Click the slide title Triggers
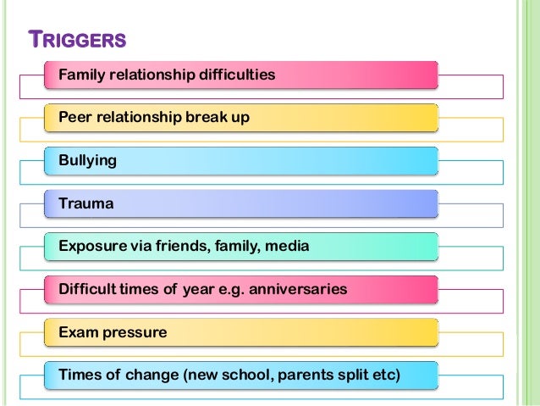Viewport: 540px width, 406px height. click(x=77, y=40)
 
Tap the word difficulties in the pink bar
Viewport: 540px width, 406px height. click(x=236, y=75)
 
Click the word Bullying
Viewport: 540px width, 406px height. click(x=88, y=160)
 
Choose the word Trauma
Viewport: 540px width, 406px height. click(x=85, y=203)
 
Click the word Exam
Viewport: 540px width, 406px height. click(x=77, y=332)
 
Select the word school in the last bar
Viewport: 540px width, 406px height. click(x=259, y=375)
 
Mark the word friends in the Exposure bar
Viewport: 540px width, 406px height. click(x=179, y=247)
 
